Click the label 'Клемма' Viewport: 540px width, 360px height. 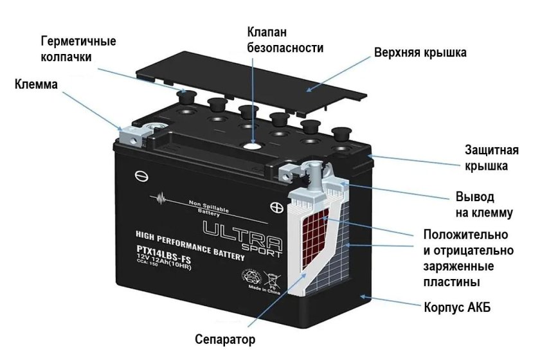(x=37, y=84)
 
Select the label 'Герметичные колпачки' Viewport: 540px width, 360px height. (x=78, y=49)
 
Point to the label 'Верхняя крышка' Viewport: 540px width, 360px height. (x=420, y=52)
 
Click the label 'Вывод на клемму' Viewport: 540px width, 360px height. (x=483, y=204)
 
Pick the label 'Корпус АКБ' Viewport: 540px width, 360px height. (x=457, y=307)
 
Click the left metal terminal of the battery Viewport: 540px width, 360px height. (x=132, y=133)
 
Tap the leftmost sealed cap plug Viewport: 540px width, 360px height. (x=186, y=97)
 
